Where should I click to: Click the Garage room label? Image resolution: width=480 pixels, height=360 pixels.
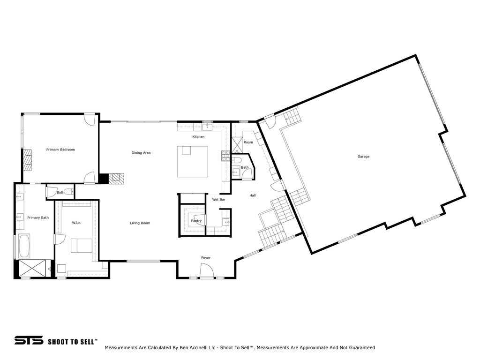coord(363,157)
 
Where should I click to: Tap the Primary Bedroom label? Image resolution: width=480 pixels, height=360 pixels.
coord(60,150)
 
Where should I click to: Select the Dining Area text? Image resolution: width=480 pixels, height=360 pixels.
coord(141,153)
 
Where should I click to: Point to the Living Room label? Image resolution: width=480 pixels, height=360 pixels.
coord(140,223)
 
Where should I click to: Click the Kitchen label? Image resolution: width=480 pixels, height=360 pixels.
coord(198,137)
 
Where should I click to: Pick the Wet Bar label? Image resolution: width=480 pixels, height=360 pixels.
coord(218,200)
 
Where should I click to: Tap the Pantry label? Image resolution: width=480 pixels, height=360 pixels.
coord(196,221)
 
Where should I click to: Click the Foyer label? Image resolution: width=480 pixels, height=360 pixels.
coord(206,258)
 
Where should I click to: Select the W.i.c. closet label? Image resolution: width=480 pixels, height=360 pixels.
coord(76,223)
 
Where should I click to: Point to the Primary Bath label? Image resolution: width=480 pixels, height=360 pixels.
coord(38,217)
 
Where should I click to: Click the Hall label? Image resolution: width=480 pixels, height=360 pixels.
coord(253,195)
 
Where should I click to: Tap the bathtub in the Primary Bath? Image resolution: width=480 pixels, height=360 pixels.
coord(24,246)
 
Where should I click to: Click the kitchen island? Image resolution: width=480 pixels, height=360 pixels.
coord(193,161)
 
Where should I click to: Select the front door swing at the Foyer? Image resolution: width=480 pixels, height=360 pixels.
coord(207,270)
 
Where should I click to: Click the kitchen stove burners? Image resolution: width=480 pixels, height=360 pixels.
coord(225,156)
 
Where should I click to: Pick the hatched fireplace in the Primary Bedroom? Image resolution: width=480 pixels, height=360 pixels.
coord(28,160)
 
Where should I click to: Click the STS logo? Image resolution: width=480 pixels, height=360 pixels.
coord(29,340)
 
